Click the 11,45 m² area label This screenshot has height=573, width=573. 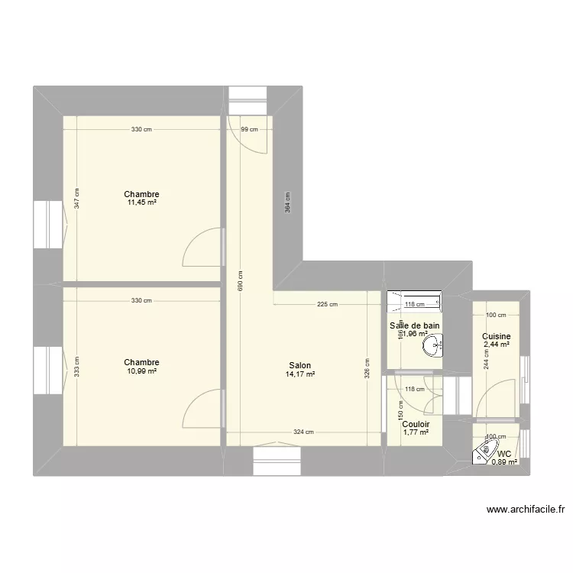coord(142,203)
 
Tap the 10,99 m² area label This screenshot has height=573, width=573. coord(142,371)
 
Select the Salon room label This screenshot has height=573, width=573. coord(299,365)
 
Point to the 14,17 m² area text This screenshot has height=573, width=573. coord(299,374)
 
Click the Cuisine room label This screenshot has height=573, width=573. coord(496,337)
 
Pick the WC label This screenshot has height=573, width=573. coord(504,453)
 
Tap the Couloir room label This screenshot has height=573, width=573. coord(416,424)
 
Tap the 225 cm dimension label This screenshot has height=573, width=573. coord(327,304)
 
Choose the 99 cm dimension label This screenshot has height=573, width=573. coord(249,130)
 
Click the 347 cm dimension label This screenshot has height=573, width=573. coord(76,200)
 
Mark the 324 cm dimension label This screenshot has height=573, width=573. coord(303,432)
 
